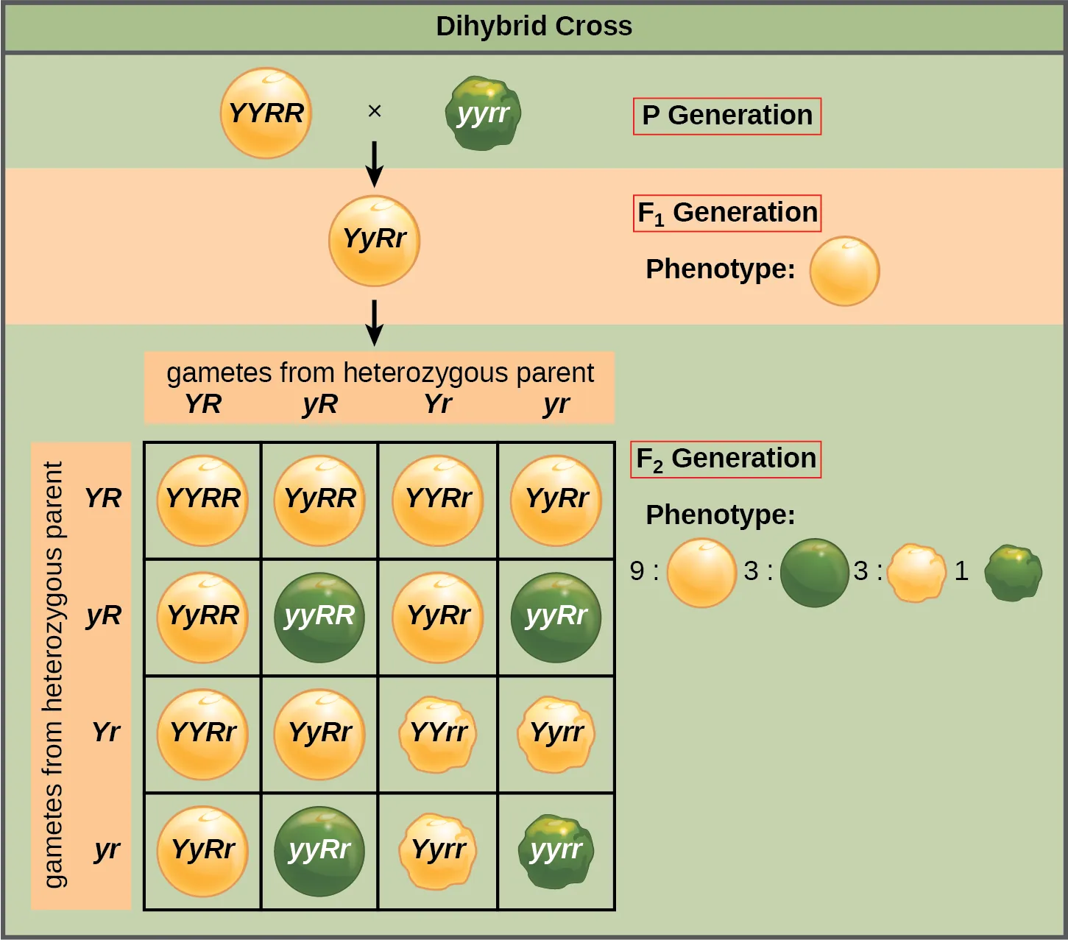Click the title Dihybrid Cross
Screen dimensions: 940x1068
click(534, 26)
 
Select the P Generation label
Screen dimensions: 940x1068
click(726, 116)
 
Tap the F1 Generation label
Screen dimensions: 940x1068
click(726, 213)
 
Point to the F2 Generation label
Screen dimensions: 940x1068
click(725, 459)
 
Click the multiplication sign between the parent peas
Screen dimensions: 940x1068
click(374, 111)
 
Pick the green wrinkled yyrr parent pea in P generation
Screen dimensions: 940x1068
click(483, 113)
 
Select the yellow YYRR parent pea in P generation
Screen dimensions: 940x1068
click(266, 113)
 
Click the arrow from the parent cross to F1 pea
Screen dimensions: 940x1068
click(374, 163)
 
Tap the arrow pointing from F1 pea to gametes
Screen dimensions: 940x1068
click(374, 322)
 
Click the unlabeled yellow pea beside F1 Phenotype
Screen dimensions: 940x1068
click(844, 271)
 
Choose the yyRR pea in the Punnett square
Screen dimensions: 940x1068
click(319, 617)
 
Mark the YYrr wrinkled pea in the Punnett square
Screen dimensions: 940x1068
click(438, 734)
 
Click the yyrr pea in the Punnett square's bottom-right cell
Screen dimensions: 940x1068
click(556, 851)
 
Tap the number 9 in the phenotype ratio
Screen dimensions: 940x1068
click(637, 571)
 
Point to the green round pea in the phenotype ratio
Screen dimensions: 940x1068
click(814, 573)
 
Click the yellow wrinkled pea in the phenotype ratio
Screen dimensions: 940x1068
click(916, 573)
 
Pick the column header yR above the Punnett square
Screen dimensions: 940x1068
click(319, 404)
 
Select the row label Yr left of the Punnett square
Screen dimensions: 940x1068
click(106, 732)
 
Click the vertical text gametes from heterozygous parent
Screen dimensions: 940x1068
click(53, 674)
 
